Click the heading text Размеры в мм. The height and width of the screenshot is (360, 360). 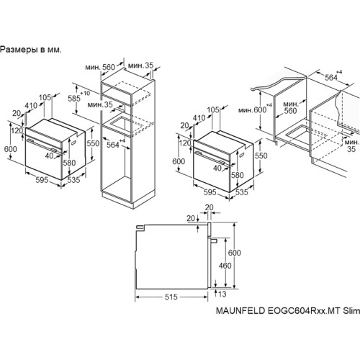pyautogui.click(x=31, y=50)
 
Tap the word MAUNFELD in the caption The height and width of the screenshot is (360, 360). pyautogui.click(x=240, y=310)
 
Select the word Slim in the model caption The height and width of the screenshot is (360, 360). pyautogui.click(x=351, y=310)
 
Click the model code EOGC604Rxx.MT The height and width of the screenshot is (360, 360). pyautogui.click(x=304, y=310)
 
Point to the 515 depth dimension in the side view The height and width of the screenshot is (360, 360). pyautogui.click(x=171, y=297)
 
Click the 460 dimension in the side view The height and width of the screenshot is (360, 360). pyautogui.click(x=225, y=266)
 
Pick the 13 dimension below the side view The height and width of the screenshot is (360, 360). pyautogui.click(x=222, y=294)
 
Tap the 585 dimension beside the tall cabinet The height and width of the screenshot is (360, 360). pyautogui.click(x=74, y=98)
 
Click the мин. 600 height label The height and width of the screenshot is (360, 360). pyautogui.click(x=253, y=110)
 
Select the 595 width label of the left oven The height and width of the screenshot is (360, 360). pyautogui.click(x=42, y=180)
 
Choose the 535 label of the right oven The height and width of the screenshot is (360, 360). pyautogui.click(x=241, y=192)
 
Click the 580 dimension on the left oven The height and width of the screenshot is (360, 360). pyautogui.click(x=69, y=163)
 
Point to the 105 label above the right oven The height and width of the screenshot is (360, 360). pyautogui.click(x=213, y=109)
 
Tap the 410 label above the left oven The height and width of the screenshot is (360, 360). pyautogui.click(x=31, y=105)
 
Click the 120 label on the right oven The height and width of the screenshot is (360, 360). pyautogui.click(x=185, y=143)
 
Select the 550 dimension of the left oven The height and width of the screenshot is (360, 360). pyautogui.click(x=93, y=143)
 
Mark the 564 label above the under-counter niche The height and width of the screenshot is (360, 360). pyautogui.click(x=331, y=77)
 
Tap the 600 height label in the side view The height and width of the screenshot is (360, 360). pyautogui.click(x=234, y=253)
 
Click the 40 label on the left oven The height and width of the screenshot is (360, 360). pyautogui.click(x=49, y=156)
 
